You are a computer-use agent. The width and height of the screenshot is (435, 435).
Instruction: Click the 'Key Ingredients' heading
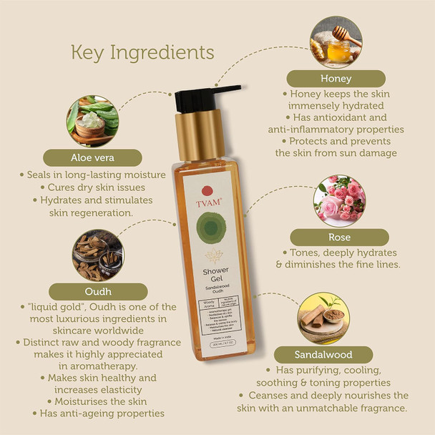tap(142, 52)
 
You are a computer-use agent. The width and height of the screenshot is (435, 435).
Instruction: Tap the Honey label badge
tap(336, 78)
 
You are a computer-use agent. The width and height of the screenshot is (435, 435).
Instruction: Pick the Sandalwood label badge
tap(323, 354)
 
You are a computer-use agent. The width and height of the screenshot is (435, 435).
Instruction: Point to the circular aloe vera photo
tap(93, 120)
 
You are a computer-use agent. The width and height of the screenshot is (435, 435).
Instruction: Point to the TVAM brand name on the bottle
tap(207, 202)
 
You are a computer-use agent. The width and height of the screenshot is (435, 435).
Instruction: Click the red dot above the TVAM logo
tap(207, 190)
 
